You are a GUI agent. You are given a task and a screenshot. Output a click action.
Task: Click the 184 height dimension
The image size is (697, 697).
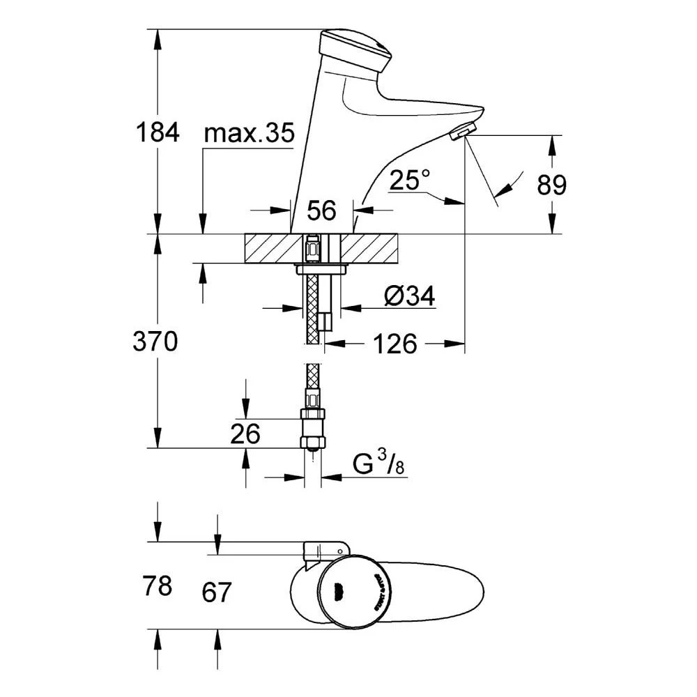coord(157,131)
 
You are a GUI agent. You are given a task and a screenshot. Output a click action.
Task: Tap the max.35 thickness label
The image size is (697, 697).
coord(249,135)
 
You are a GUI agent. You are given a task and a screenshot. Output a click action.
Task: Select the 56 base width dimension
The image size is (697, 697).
coord(321,209)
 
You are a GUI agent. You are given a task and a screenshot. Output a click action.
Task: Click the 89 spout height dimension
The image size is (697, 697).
coord(552,185)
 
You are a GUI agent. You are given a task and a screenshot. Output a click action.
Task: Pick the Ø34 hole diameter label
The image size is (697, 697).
coord(409,297)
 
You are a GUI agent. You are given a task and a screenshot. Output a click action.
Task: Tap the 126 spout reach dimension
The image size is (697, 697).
coord(395,344)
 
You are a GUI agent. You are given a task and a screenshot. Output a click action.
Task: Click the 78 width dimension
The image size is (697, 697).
coord(157,586)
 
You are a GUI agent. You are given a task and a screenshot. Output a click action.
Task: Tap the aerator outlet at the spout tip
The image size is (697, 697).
coord(463,130)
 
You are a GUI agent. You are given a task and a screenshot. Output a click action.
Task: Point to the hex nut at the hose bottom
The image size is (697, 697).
coord(313,442)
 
